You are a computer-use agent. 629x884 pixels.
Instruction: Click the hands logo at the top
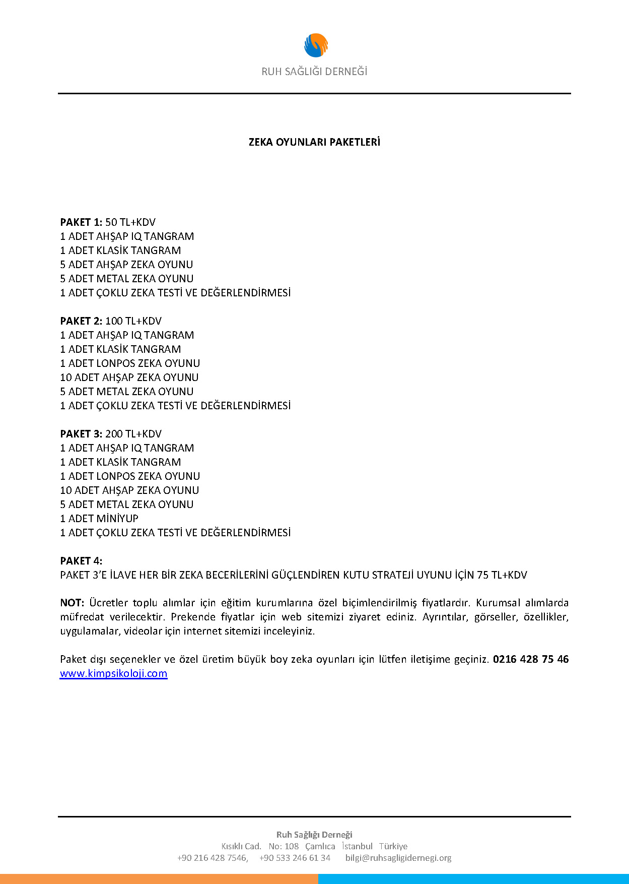pyautogui.click(x=316, y=45)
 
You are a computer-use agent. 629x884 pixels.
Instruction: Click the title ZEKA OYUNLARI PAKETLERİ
pyautogui.click(x=314, y=142)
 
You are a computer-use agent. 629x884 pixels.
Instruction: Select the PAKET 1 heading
pyautogui.click(x=81, y=222)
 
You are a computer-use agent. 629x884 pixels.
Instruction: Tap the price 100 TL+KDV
pyautogui.click(x=133, y=321)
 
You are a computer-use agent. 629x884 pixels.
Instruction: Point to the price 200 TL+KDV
pyautogui.click(x=133, y=434)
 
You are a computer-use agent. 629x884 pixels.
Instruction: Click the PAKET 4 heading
pyautogui.click(x=81, y=561)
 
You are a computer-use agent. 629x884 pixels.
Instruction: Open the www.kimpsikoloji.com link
pyautogui.click(x=113, y=674)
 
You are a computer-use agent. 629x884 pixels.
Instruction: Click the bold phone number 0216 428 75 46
pyautogui.click(x=531, y=659)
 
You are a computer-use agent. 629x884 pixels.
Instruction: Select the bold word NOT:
pyautogui.click(x=72, y=603)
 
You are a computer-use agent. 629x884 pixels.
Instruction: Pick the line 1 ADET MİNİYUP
pyautogui.click(x=99, y=519)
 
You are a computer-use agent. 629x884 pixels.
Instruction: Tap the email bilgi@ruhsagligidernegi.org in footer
pyautogui.click(x=398, y=858)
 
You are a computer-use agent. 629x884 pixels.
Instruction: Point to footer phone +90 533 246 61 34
pyautogui.click(x=295, y=858)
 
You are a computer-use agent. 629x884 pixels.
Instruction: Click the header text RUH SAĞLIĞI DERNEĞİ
pyautogui.click(x=314, y=72)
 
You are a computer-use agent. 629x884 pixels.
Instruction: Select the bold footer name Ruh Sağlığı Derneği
pyautogui.click(x=314, y=835)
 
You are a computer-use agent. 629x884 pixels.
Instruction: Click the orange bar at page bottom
pyautogui.click(x=159, y=879)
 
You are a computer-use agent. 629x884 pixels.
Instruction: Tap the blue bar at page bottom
pyautogui.click(x=473, y=879)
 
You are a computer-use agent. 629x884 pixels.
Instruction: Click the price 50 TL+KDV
pyautogui.click(x=130, y=222)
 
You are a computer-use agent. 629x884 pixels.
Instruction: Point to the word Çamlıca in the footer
pyautogui.click(x=320, y=846)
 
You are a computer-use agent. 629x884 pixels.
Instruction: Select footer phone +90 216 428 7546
pyautogui.click(x=212, y=858)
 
